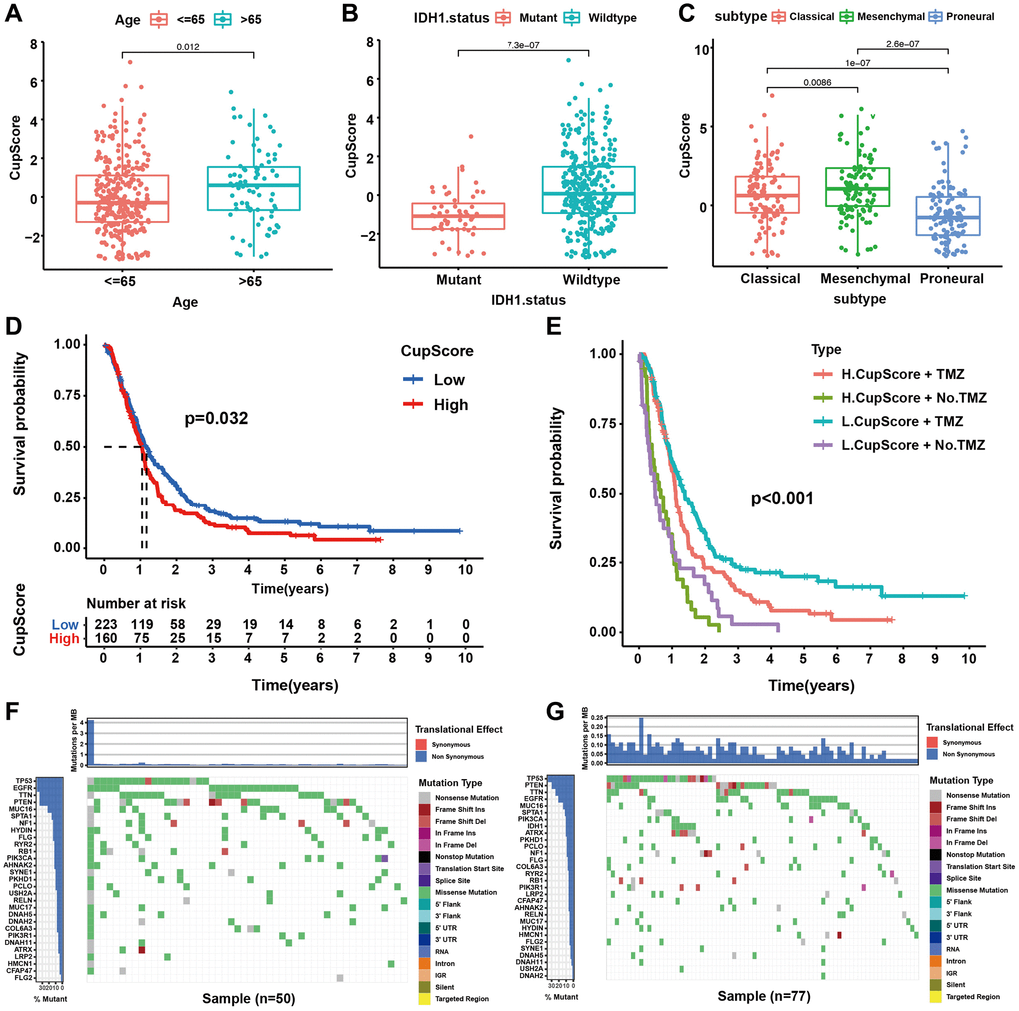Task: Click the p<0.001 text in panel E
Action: pyautogui.click(x=784, y=496)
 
